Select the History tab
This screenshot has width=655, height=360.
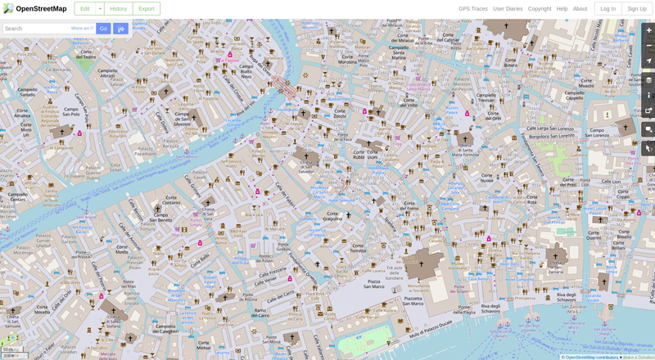coord(119,8)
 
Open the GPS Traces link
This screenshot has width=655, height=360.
coord(472,8)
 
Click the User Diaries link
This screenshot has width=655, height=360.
coord(508,8)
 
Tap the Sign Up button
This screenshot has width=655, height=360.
coord(636,8)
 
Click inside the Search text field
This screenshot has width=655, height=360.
coord(37,29)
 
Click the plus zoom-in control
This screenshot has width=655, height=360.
coord(648,30)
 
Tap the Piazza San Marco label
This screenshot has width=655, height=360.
coord(373,284)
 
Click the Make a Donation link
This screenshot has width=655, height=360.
coord(638,357)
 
